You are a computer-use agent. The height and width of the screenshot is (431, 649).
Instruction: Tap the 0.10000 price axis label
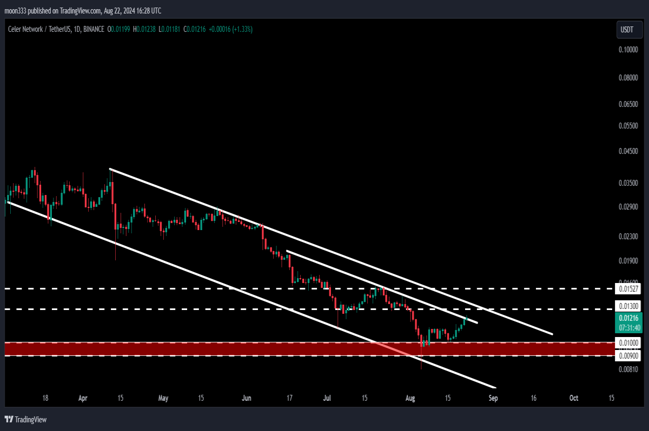tap(628, 50)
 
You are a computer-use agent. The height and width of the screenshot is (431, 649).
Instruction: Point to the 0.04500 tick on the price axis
tap(628, 151)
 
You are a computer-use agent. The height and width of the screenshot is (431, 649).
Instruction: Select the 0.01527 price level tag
tap(628, 288)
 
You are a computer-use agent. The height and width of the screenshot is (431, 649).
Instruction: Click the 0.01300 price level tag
tap(628, 306)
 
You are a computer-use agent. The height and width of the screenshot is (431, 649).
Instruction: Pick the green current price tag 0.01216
tap(628, 322)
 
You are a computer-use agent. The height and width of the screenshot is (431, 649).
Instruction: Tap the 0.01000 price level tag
tap(628, 343)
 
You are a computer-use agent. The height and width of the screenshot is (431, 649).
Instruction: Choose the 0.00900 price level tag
tap(628, 355)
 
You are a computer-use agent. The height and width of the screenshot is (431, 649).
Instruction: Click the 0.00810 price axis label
tap(628, 369)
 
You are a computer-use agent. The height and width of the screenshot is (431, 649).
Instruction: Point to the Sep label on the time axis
tap(493, 398)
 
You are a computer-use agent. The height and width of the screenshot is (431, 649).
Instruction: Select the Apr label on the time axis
tap(83, 398)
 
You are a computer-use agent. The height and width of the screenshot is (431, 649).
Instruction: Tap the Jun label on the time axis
tap(247, 398)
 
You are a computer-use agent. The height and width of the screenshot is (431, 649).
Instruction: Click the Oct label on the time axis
tap(574, 398)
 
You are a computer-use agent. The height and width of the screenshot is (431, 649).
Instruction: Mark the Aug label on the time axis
tap(410, 398)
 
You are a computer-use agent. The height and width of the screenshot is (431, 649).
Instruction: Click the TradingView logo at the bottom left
tap(25, 420)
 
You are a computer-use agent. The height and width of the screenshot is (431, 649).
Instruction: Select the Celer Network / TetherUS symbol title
tap(39, 29)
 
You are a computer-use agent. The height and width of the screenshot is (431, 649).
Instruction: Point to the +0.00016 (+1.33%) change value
tap(230, 29)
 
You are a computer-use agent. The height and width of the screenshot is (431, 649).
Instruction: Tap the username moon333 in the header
tap(15, 11)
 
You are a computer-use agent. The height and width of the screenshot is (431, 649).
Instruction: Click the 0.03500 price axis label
tap(628, 183)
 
